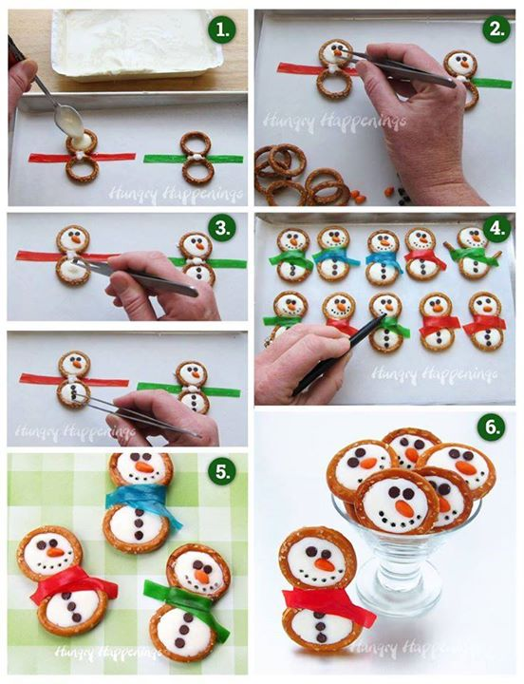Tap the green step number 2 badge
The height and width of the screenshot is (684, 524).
point(496,29)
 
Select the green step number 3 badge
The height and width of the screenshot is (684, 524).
point(221,229)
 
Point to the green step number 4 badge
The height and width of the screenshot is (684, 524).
point(496,228)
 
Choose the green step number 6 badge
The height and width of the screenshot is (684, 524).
point(492,427)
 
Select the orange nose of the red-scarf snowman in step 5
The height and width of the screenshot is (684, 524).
point(55,552)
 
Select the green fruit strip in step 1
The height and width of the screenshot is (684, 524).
point(193,159)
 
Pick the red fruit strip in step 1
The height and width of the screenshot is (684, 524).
point(82,157)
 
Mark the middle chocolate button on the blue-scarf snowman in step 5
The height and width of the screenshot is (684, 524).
point(139,523)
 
